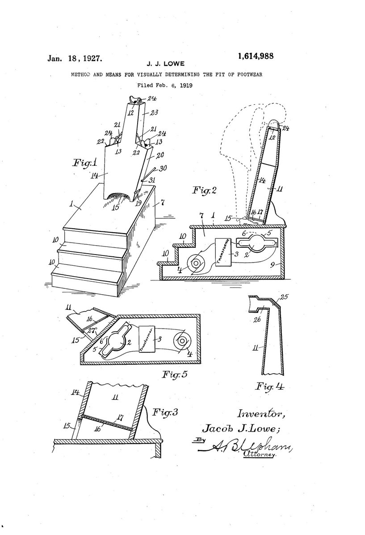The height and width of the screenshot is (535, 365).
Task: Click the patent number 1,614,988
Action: point(256,56)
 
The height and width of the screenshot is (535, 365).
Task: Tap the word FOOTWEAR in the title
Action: point(246,74)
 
